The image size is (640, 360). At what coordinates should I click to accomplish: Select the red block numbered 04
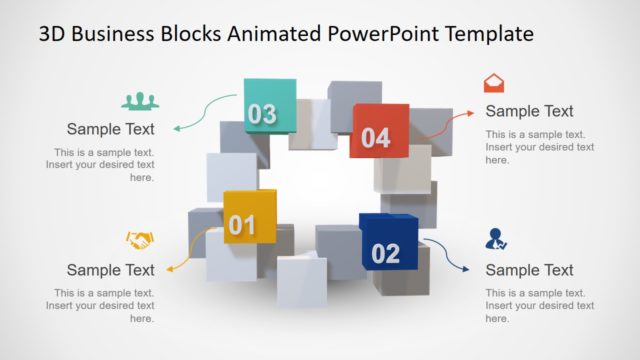click(379, 131)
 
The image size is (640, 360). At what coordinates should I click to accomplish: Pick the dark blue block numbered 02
click(388, 244)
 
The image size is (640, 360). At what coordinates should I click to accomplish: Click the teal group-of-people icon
click(140, 100)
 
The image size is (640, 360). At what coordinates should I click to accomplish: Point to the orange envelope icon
click(494, 83)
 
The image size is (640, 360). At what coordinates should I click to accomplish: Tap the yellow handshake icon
click(140, 240)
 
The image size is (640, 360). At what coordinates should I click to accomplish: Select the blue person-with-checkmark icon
click(495, 239)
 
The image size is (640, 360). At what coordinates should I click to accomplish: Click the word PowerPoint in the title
click(378, 34)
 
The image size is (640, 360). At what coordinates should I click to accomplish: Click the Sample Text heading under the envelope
click(529, 111)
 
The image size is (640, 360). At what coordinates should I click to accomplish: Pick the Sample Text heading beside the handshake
click(110, 270)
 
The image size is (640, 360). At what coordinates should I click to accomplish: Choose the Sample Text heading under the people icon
click(110, 128)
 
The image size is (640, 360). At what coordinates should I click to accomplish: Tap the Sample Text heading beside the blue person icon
click(529, 270)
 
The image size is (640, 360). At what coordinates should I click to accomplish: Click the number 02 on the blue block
click(385, 253)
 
